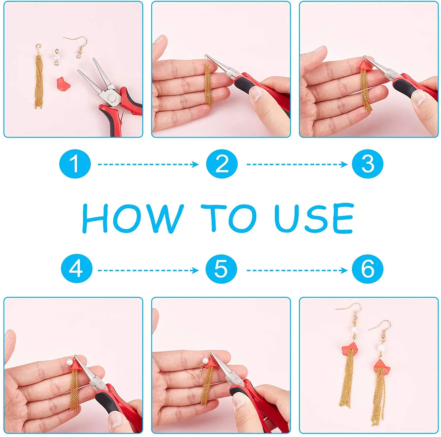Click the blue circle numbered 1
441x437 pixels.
[x=75, y=164]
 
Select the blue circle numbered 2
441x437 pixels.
[x=222, y=164]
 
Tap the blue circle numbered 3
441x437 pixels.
[x=367, y=164]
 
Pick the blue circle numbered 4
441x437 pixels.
[x=76, y=269]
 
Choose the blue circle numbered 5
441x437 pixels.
[x=221, y=269]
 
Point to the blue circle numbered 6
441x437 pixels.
[x=367, y=269]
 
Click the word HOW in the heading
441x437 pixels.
[x=133, y=218]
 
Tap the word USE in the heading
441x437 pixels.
[x=314, y=218]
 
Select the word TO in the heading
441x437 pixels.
[x=228, y=218]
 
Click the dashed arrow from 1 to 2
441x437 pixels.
[x=148, y=164]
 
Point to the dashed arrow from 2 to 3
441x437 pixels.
[x=297, y=164]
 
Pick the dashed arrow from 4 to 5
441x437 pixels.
[x=148, y=270]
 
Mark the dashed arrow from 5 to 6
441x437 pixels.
[x=297, y=270]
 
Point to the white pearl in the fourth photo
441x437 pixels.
[x=69, y=361]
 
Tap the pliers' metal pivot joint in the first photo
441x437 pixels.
[x=111, y=98]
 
